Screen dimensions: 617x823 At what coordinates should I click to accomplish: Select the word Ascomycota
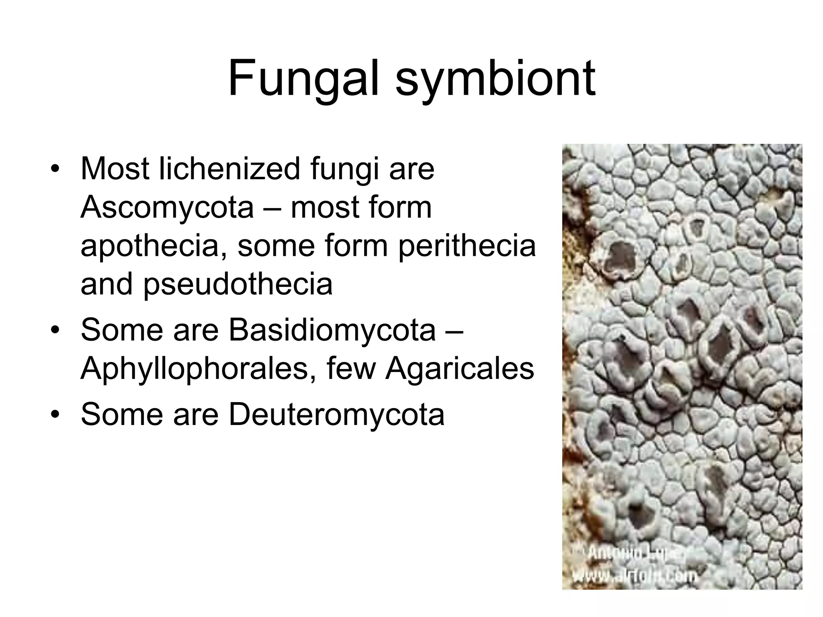(167, 208)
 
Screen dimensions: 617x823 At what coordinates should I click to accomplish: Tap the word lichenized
(229, 169)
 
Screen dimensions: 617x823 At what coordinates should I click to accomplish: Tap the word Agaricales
(459, 368)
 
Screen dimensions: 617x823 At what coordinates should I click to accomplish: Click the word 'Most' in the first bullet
(115, 169)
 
